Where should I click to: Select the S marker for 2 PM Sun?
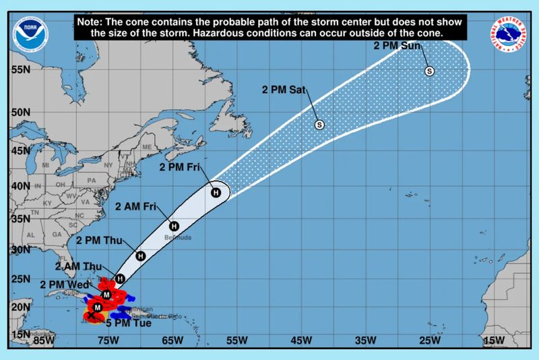point(429,71)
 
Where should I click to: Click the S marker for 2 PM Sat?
point(320,124)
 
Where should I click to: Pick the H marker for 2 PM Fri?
point(216,193)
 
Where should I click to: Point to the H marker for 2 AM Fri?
point(173,226)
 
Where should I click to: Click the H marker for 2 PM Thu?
point(140,256)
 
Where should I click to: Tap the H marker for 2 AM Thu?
point(119,278)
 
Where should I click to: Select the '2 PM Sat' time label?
point(285,90)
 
